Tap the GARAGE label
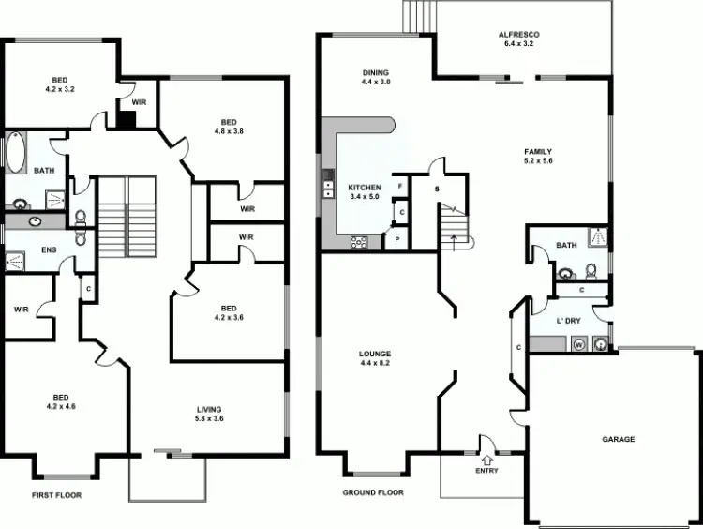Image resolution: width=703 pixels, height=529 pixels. pyautogui.click(x=618, y=439)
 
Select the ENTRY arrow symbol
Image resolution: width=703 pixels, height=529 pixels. pyautogui.click(x=486, y=459)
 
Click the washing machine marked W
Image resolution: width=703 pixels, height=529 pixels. pyautogui.click(x=578, y=344)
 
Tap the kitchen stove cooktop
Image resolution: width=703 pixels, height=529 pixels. pyautogui.click(x=359, y=242)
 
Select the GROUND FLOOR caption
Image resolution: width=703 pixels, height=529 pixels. pyautogui.click(x=373, y=491)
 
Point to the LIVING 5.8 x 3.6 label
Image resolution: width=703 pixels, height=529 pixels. pyautogui.click(x=209, y=413)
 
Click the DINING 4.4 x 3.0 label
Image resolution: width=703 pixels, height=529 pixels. pyautogui.click(x=376, y=77)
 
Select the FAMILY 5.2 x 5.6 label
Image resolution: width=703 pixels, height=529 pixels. pyautogui.click(x=538, y=156)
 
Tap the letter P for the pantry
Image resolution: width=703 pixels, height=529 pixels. pyautogui.click(x=397, y=239)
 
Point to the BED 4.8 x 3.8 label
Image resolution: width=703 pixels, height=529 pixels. pyautogui.click(x=230, y=127)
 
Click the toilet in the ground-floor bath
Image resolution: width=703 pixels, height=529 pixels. pyautogui.click(x=591, y=270)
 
